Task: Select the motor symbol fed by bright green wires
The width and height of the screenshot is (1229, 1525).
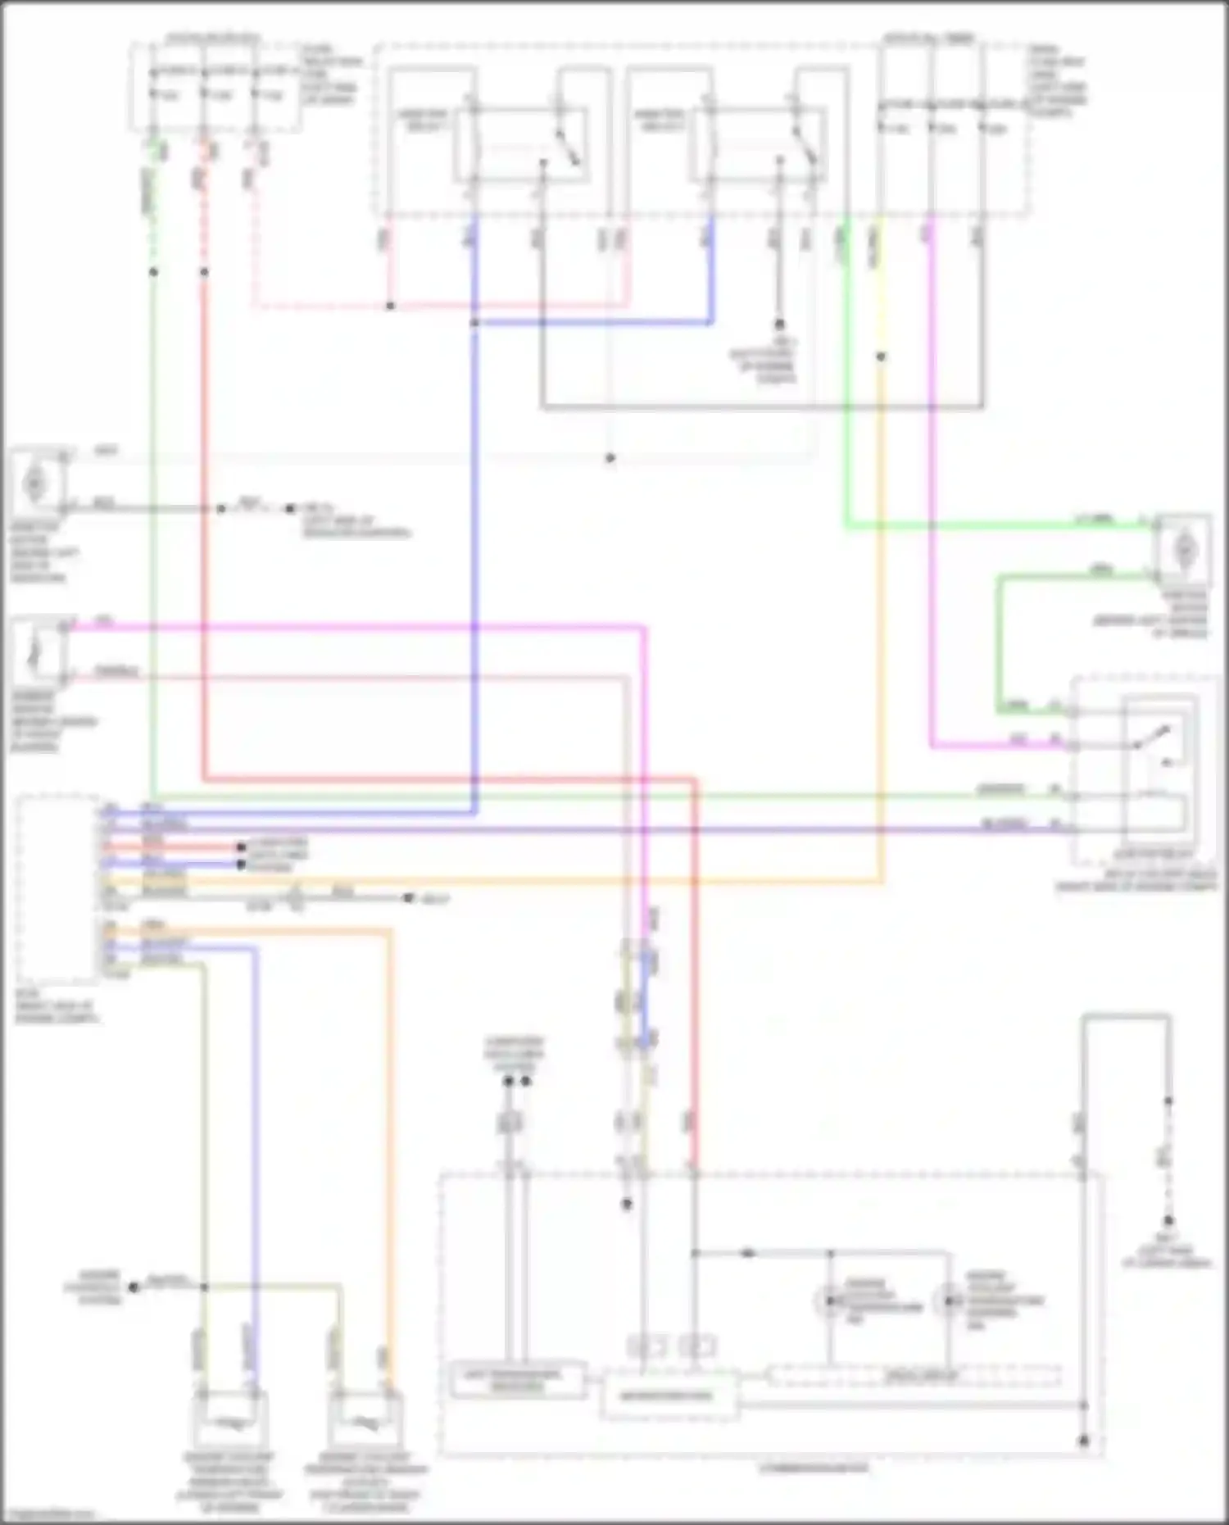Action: click(x=1183, y=550)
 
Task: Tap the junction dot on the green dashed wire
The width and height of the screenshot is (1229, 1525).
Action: click(x=153, y=271)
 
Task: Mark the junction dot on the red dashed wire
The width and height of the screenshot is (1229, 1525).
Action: click(x=204, y=271)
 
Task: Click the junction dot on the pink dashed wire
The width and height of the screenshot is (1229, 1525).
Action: click(x=391, y=306)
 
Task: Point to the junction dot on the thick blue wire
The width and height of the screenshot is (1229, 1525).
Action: click(x=474, y=323)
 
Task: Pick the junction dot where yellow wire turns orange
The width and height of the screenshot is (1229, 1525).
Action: click(x=881, y=356)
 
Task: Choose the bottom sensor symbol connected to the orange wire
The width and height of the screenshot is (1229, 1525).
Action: click(x=365, y=1423)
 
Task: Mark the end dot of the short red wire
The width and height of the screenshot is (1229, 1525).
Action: click(x=241, y=847)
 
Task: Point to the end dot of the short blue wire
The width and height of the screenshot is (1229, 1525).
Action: click(x=241, y=865)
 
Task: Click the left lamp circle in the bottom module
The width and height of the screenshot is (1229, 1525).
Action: click(x=829, y=1300)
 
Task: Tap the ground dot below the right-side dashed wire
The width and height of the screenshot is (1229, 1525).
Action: click(x=1168, y=1221)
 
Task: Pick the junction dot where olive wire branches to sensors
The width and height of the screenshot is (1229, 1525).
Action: click(x=204, y=1287)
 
